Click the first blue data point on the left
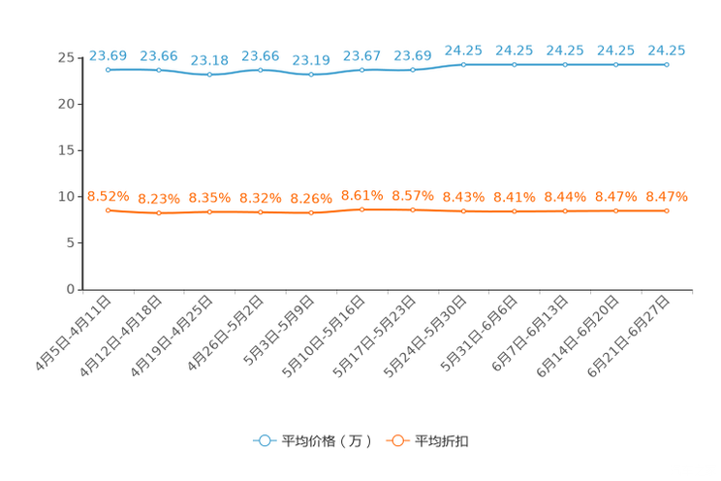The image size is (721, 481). tap(108, 70)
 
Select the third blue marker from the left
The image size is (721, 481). tap(209, 75)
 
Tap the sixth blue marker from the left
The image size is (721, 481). tap(361, 70)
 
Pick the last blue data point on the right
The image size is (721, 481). tap(667, 64)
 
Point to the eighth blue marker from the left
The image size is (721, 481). tap(463, 64)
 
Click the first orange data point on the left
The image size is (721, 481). tap(108, 209)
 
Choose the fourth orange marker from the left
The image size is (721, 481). tap(260, 211)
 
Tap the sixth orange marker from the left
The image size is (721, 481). tap(361, 209)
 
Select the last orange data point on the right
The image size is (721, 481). tap(667, 210)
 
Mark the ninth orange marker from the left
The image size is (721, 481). tap(515, 210)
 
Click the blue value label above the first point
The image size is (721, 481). tap(108, 54)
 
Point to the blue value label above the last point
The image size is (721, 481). tap(667, 49)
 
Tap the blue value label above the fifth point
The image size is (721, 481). tap(311, 60)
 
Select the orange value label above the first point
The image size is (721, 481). tap(108, 195)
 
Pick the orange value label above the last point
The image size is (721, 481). tap(667, 196)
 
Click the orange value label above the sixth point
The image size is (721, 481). tap(361, 195)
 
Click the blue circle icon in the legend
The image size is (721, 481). tap(264, 440)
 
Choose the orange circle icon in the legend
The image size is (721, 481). tap(397, 440)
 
